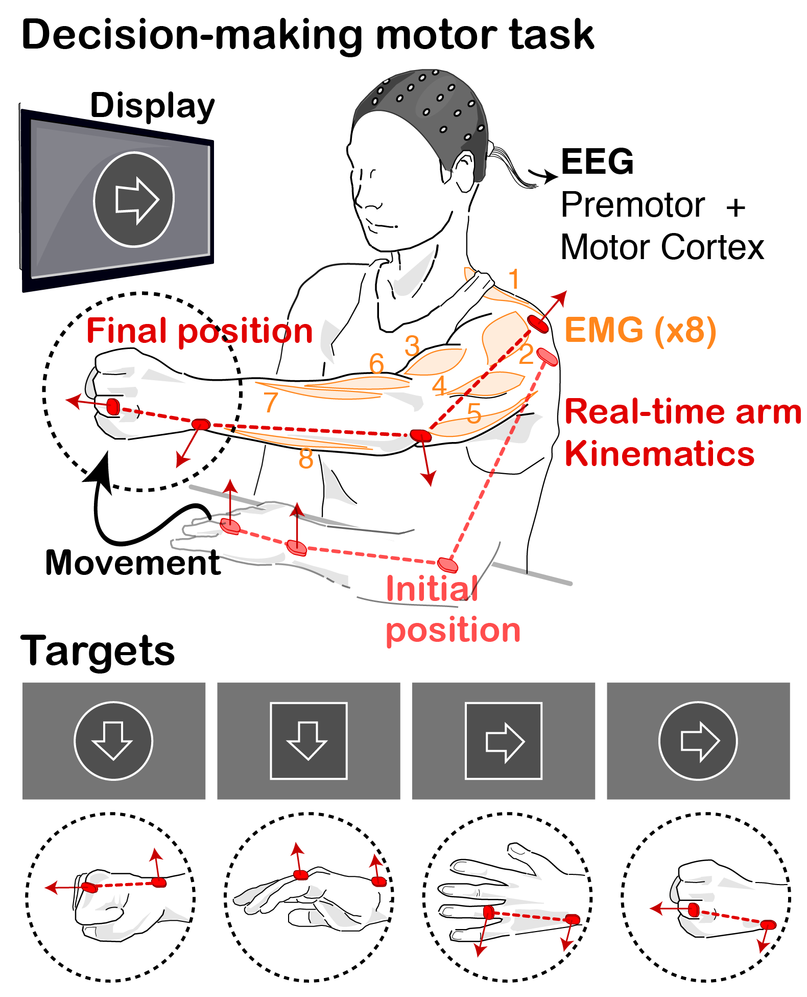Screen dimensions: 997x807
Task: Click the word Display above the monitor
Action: (152, 106)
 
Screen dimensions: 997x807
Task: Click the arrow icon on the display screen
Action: (134, 200)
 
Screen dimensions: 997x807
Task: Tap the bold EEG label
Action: (597, 161)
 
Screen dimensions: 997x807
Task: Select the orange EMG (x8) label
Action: (640, 330)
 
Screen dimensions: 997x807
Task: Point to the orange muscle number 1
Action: (514, 279)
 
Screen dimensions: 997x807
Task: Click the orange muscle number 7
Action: (271, 402)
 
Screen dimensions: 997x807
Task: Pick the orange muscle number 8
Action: (306, 458)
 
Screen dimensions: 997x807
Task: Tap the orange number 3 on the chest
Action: (412, 346)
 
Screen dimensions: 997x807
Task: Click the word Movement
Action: (133, 563)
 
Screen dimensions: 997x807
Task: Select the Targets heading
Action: (98, 651)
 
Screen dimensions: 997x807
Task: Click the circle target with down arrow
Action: (113, 741)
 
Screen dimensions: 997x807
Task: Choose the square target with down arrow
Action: (308, 741)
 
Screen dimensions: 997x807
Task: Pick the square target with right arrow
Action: (504, 741)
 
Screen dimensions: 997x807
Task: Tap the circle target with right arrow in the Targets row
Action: (698, 741)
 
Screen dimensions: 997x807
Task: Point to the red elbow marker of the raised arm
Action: (420, 435)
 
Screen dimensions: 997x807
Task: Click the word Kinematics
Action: (659, 454)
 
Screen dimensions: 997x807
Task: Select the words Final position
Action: (199, 331)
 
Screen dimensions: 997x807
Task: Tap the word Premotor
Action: (633, 205)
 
